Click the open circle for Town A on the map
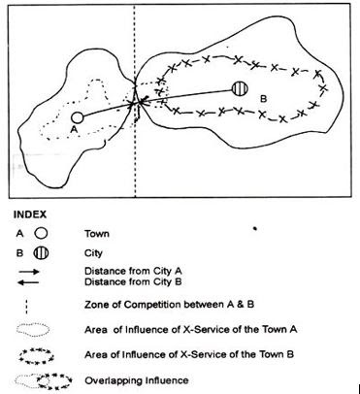[78, 116]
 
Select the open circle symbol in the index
[41, 233]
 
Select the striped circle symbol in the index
[41, 251]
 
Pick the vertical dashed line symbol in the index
[35, 308]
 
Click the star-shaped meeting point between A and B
[142, 100]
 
